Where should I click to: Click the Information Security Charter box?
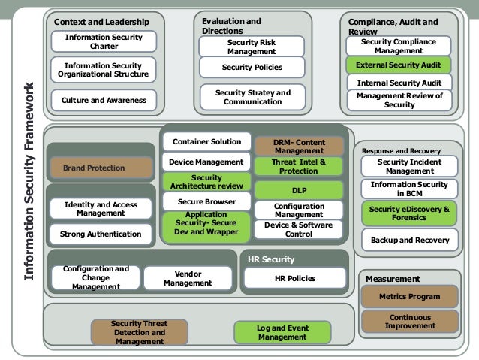click(x=104, y=41)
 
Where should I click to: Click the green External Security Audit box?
click(x=398, y=65)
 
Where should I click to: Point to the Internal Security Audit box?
click(x=398, y=83)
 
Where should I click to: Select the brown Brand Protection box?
click(x=94, y=168)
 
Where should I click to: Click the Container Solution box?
click(x=206, y=141)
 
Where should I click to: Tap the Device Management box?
click(x=206, y=162)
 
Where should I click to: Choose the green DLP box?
click(x=299, y=190)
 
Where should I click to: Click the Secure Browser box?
click(x=206, y=201)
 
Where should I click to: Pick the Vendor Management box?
click(x=187, y=278)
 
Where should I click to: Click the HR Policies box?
click(x=296, y=279)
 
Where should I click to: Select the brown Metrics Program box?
click(x=409, y=297)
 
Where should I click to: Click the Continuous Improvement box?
click(x=409, y=322)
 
